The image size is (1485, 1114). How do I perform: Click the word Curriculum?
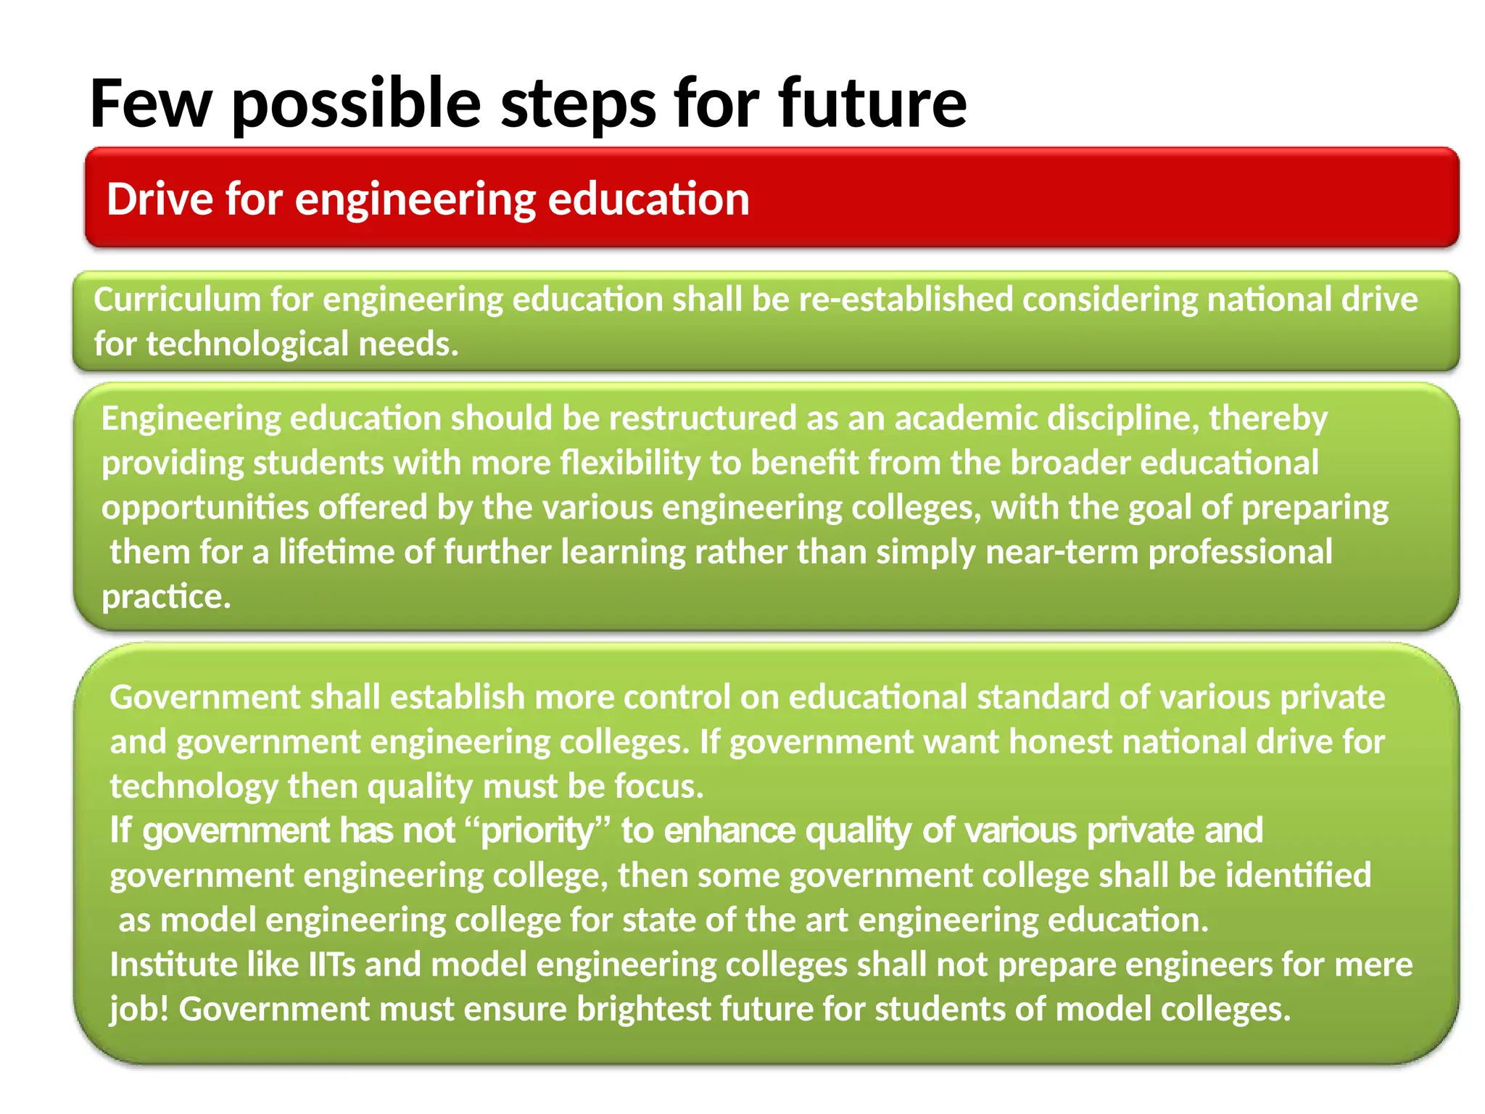(x=177, y=300)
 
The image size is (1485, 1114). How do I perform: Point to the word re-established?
(x=906, y=300)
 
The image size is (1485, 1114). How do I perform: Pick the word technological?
(x=247, y=344)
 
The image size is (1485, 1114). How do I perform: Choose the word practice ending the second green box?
(x=165, y=596)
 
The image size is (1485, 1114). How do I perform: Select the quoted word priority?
(x=537, y=830)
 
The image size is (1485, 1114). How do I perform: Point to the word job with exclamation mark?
(x=138, y=1009)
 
